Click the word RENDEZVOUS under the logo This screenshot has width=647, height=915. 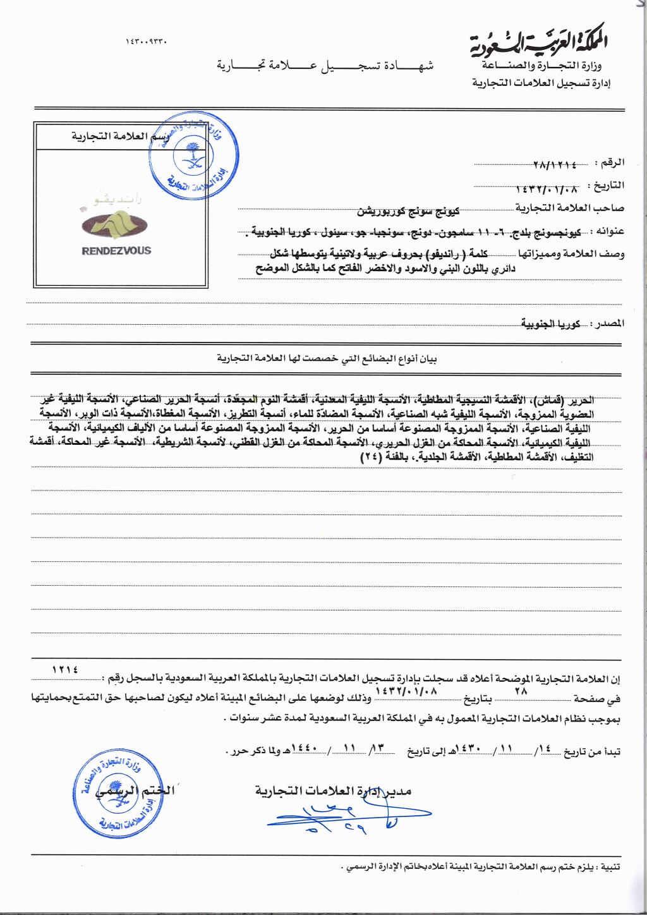[116, 251]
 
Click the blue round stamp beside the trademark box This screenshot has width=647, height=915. [193, 157]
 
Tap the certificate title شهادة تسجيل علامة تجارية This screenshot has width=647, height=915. [325, 66]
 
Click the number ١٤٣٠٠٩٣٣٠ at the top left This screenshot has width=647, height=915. [146, 42]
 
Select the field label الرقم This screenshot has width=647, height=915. [612, 163]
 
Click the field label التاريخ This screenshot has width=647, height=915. [608, 186]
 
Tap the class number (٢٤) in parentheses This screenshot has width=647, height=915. [371, 457]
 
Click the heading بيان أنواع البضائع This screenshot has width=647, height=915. [327, 359]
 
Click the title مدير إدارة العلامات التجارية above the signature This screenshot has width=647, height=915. [333, 791]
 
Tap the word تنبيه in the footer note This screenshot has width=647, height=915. [610, 867]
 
